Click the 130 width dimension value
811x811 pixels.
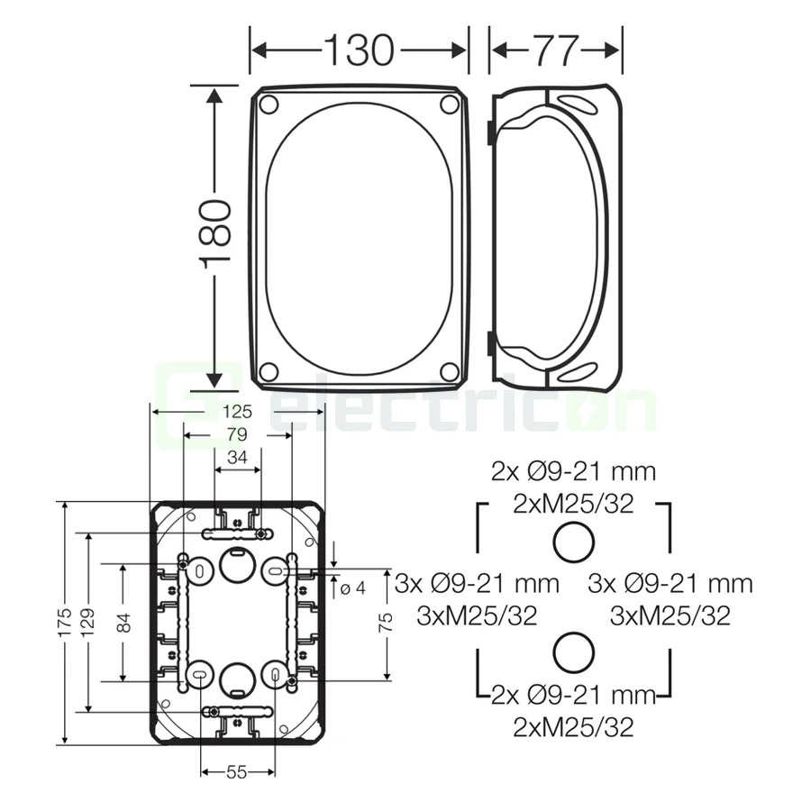click(x=359, y=50)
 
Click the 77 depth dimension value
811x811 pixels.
click(x=554, y=50)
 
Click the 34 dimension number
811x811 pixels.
click(x=237, y=458)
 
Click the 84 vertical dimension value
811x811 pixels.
click(x=123, y=623)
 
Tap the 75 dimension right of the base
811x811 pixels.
click(x=386, y=623)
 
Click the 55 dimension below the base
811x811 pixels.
click(x=237, y=772)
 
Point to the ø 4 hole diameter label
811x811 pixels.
click(x=353, y=588)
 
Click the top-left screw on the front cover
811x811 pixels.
click(x=268, y=105)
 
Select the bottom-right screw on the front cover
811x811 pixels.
click(x=449, y=371)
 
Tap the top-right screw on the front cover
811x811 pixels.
click(x=449, y=105)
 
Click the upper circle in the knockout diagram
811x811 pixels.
click(x=573, y=542)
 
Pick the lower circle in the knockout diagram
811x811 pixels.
click(x=573, y=652)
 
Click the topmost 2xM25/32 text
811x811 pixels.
click(x=573, y=504)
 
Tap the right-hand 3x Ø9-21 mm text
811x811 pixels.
click(x=670, y=584)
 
